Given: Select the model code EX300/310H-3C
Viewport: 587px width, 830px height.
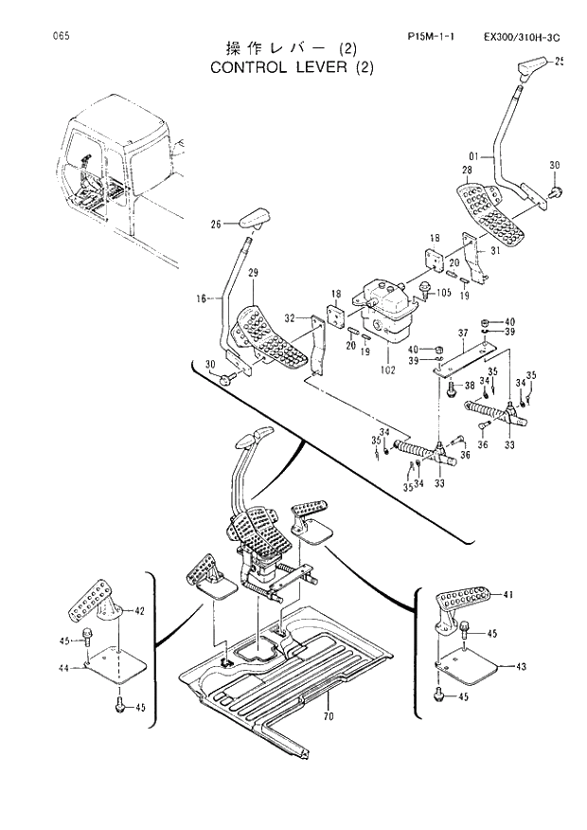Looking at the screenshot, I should (523, 37).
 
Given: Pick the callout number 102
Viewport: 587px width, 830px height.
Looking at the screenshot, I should (388, 359).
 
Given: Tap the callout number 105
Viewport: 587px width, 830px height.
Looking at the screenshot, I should (442, 293).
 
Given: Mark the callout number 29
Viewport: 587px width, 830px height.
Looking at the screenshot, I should (252, 274).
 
